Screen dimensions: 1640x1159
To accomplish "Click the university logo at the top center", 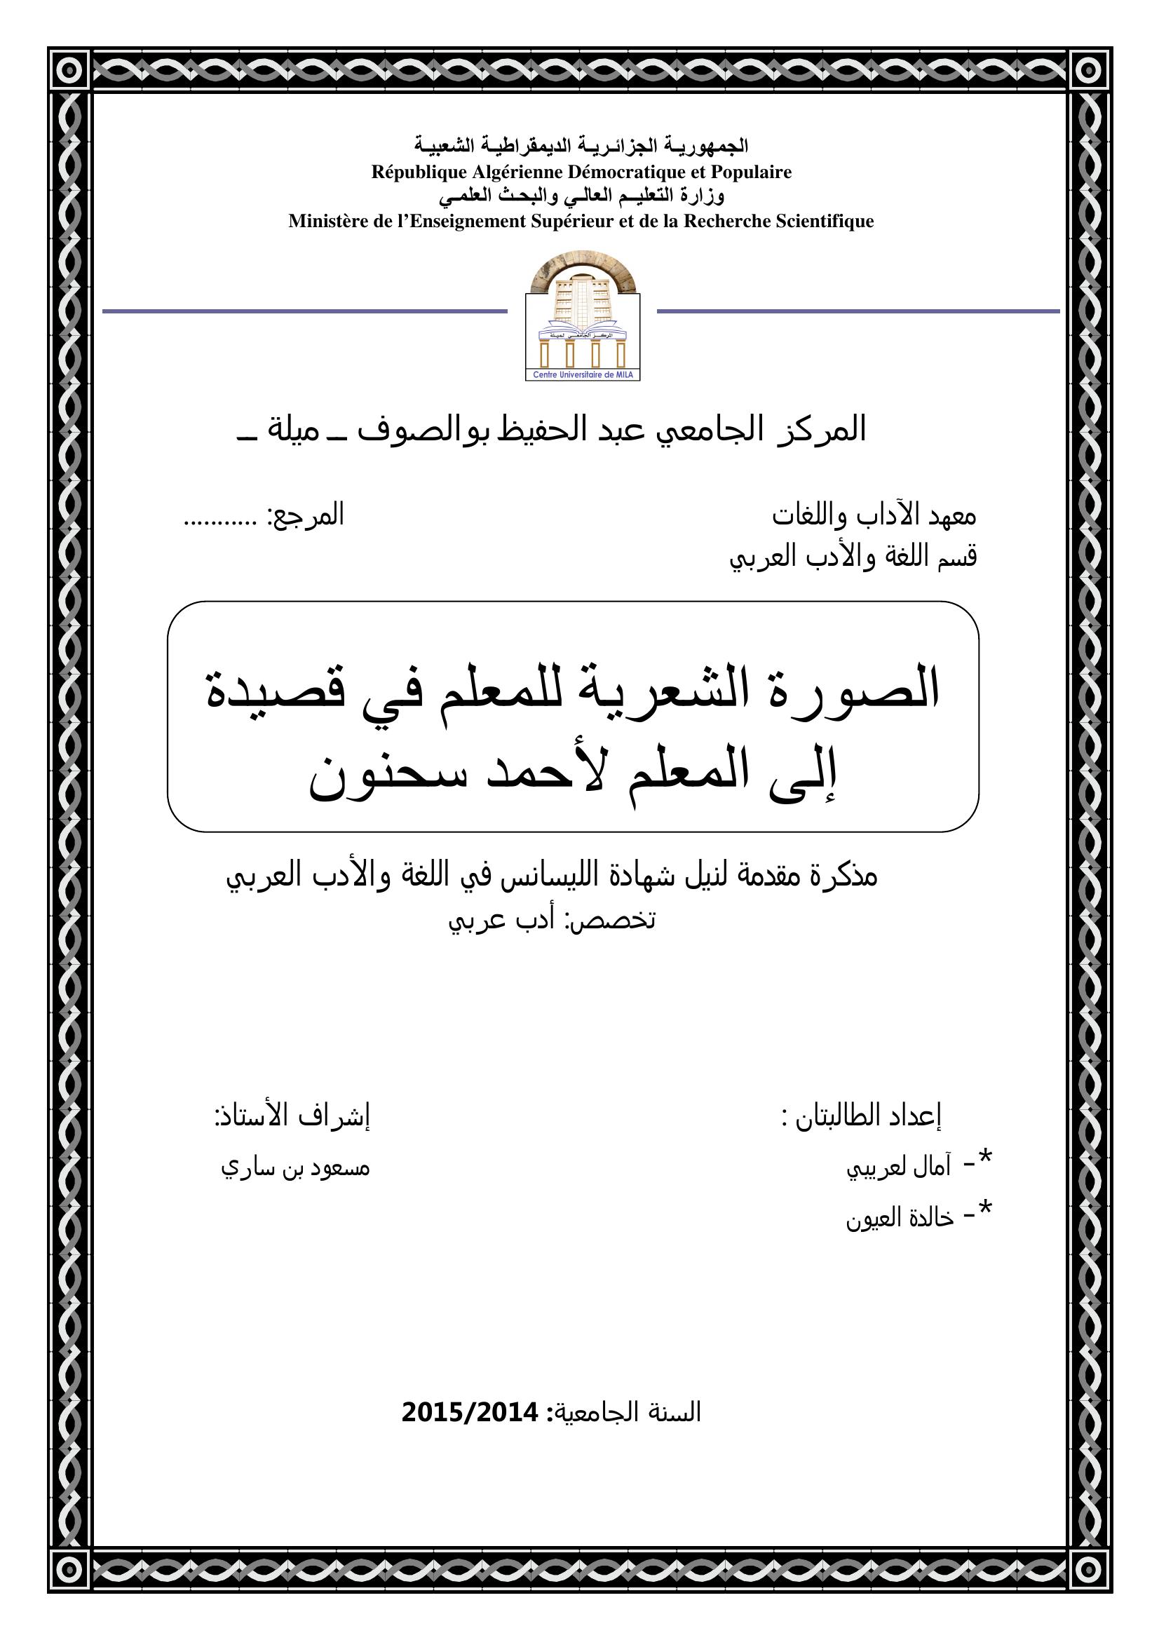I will pos(582,314).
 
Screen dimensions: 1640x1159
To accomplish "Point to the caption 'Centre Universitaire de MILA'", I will pos(582,375).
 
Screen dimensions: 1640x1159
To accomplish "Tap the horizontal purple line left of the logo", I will pos(304,311).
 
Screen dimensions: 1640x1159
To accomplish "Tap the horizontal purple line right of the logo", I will pos(858,311).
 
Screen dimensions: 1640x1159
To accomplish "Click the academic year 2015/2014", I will pos(469,1412).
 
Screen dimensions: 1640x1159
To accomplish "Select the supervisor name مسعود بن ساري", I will pos(295,1168).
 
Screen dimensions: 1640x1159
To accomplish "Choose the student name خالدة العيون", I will pos(900,1218).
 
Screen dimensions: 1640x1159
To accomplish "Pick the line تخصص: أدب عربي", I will pos(551,920).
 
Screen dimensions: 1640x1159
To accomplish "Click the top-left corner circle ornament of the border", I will pos(69,70).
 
